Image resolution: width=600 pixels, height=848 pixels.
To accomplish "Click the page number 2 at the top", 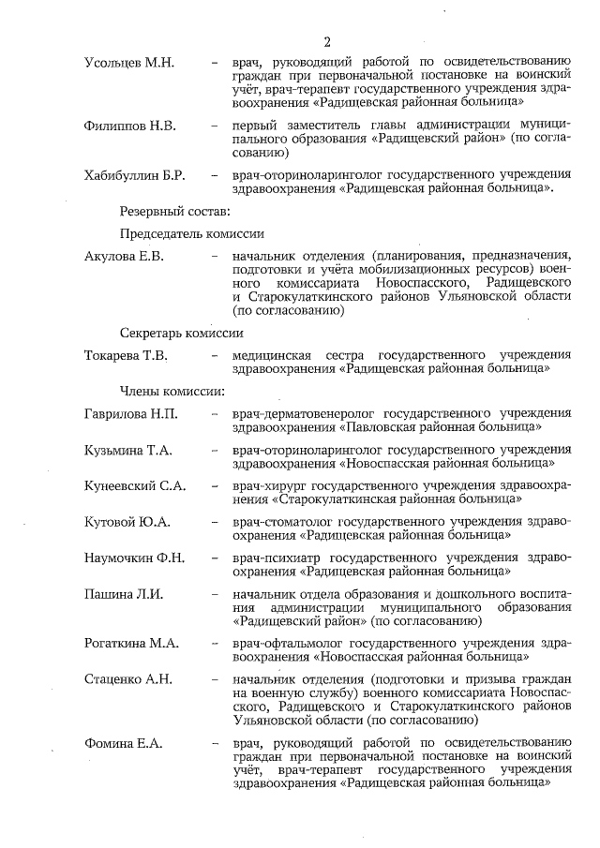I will click(327, 42).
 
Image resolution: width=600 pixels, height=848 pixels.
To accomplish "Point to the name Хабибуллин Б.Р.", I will click(134, 176).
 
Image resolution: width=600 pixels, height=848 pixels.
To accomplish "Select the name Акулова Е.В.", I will click(124, 257).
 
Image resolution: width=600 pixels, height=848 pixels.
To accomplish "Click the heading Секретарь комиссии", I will click(182, 333).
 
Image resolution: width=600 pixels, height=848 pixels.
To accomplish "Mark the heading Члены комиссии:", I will click(171, 389).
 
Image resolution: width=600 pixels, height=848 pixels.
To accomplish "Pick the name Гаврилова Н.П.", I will click(130, 413).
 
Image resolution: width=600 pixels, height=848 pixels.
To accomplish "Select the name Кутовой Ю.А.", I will click(127, 522).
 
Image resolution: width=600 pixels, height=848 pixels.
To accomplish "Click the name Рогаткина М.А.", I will click(130, 645).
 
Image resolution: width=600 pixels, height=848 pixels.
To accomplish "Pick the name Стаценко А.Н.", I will click(127, 681).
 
